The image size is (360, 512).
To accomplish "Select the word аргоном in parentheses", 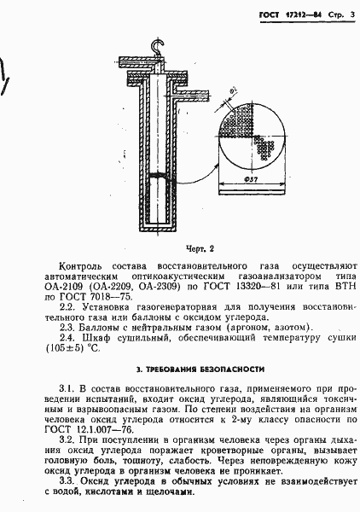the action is coord(247,328).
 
